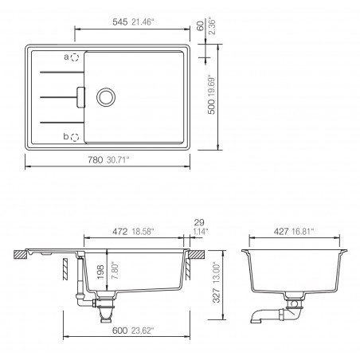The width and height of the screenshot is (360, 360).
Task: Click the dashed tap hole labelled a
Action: (x=75, y=57)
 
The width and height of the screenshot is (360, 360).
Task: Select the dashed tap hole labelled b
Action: (x=75, y=137)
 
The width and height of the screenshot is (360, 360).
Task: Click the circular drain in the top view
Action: (x=104, y=96)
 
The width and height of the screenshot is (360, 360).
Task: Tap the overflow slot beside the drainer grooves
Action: (x=79, y=96)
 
